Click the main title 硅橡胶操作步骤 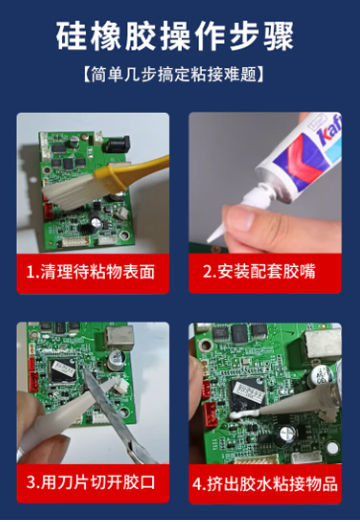click(x=175, y=36)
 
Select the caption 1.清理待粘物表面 click(x=91, y=272)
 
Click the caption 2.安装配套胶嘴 click(x=259, y=271)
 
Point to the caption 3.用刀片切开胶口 click(x=91, y=482)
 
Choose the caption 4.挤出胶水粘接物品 click(x=265, y=484)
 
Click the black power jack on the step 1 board click(x=118, y=144)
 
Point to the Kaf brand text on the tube click(x=330, y=131)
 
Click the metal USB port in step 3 click(x=119, y=338)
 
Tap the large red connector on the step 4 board click(x=211, y=414)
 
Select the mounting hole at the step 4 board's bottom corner click(x=332, y=448)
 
